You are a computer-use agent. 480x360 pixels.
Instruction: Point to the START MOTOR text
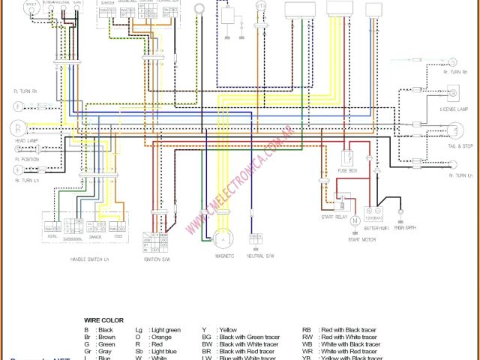point(362,239)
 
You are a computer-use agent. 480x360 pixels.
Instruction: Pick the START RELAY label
point(334,217)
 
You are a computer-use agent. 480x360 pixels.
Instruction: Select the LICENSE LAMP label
point(454,109)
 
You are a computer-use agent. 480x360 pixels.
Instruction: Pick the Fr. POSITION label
point(26,160)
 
